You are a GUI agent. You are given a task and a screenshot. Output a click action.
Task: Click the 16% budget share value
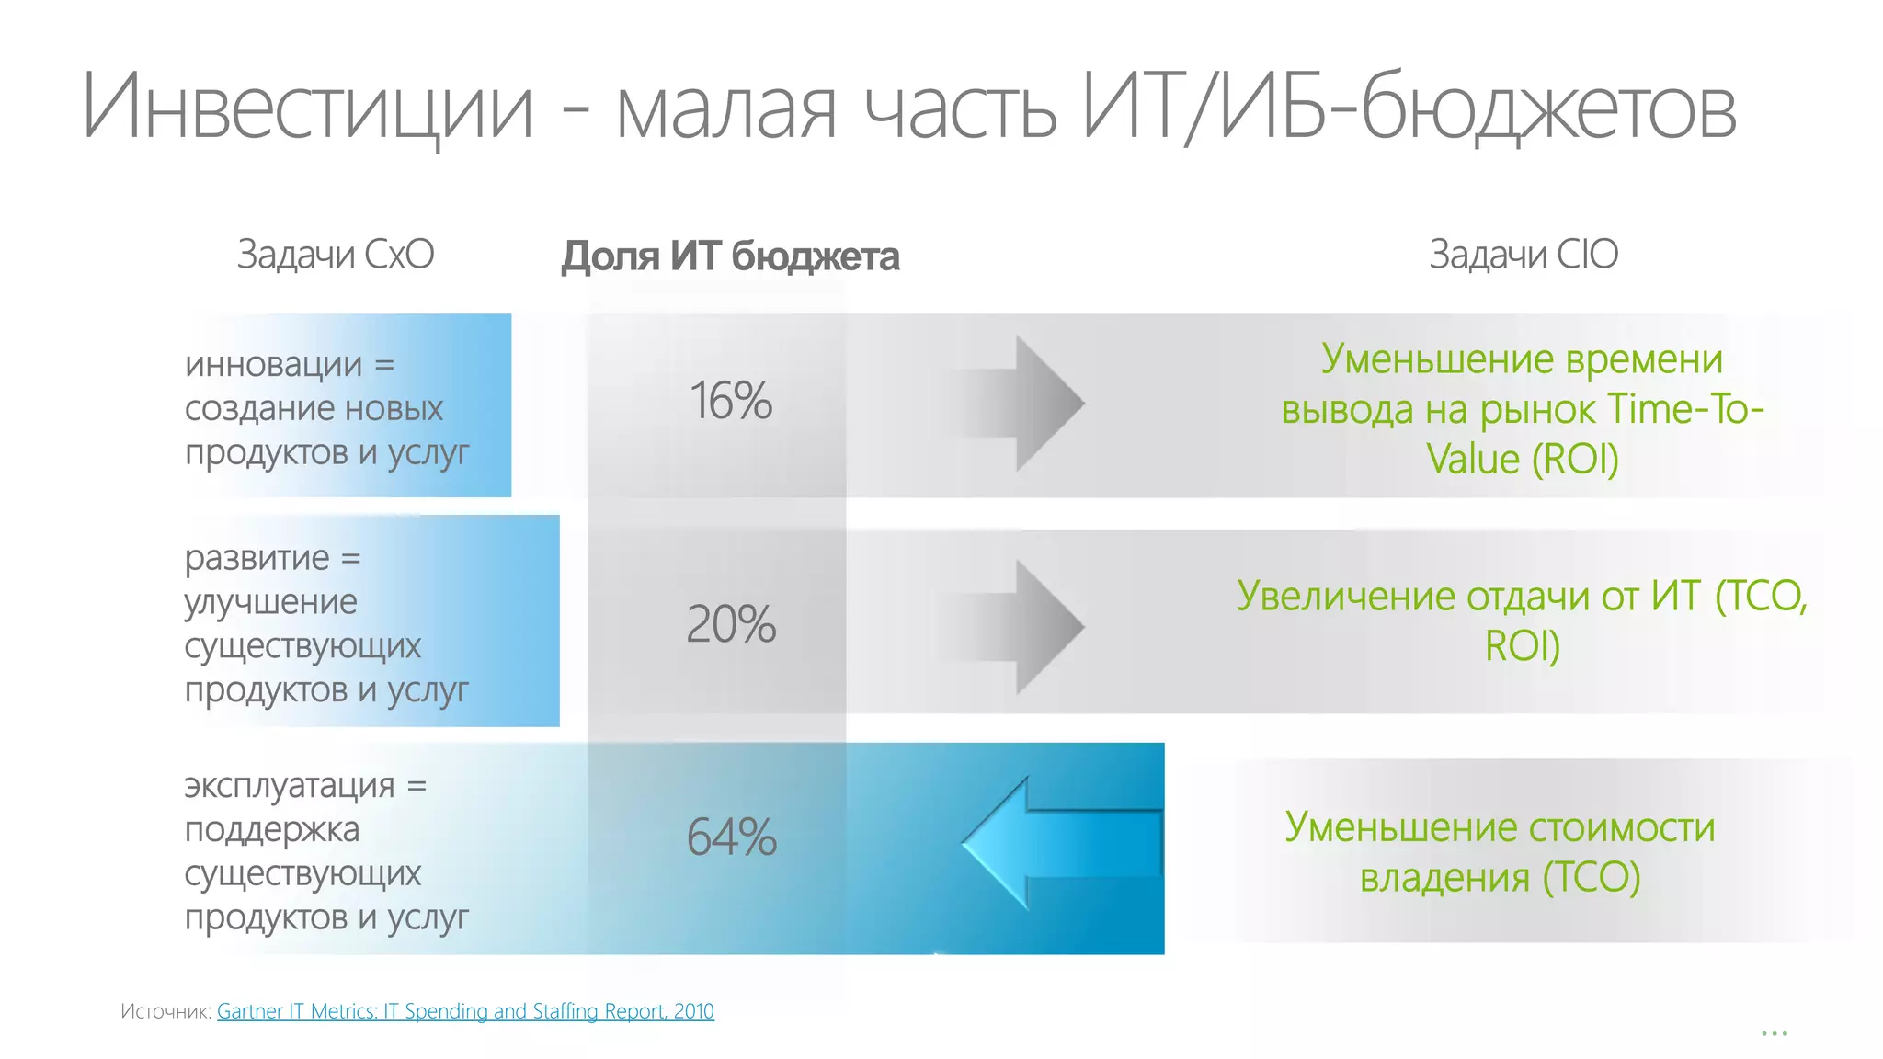731,402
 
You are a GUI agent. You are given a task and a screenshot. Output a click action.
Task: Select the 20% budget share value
731,625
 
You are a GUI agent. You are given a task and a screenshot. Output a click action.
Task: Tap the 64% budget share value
732,837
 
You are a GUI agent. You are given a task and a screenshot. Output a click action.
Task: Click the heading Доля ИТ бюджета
730,256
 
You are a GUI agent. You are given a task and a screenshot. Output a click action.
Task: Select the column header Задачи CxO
336,255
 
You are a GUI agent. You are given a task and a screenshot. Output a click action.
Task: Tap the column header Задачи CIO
1524,255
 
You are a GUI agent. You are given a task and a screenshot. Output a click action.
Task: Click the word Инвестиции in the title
308,108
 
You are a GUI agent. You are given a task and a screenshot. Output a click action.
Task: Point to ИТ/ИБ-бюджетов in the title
1407,108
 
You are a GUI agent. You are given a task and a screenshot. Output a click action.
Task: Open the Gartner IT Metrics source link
465,1011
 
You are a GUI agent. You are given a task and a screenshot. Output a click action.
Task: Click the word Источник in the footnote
165,1012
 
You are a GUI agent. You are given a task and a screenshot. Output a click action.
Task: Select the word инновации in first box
274,365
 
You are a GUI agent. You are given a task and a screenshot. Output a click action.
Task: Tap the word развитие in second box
257,558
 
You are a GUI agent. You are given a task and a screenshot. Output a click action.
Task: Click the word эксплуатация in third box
290,786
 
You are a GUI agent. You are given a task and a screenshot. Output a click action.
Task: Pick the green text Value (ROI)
1522,459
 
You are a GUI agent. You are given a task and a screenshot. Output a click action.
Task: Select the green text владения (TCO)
1500,877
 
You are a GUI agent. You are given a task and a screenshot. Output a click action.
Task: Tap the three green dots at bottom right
1774,1034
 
